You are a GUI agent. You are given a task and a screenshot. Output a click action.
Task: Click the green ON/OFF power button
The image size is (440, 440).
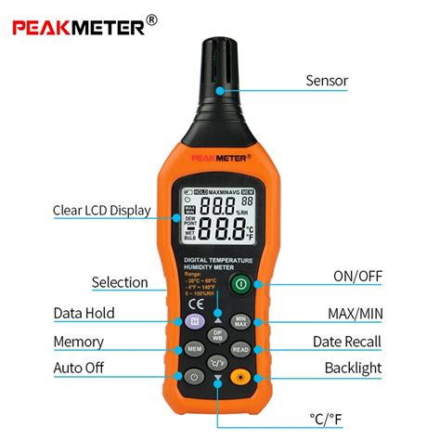pos(240,283)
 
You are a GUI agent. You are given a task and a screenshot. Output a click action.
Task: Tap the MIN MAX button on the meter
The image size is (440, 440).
pos(239,322)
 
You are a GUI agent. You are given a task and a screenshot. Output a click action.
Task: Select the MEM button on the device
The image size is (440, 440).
pos(195,349)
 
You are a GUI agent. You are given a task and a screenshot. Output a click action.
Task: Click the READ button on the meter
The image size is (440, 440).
pos(239,349)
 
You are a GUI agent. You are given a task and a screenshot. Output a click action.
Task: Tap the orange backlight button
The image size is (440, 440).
pos(239,376)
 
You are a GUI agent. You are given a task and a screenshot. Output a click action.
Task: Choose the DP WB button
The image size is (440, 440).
pos(217,335)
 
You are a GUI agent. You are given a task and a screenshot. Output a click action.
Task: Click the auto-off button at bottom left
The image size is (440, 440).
pos(194,376)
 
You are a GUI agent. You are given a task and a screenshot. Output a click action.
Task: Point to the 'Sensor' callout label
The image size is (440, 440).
pos(327,81)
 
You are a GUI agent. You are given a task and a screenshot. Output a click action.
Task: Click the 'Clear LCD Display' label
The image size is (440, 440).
pos(101,211)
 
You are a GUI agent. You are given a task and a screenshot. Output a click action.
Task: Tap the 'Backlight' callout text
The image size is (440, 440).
pos(353,369)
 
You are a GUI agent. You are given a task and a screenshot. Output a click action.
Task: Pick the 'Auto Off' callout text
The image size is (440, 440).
pos(79,369)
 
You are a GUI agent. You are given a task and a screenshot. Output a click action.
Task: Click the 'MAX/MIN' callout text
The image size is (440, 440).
pos(356,314)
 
